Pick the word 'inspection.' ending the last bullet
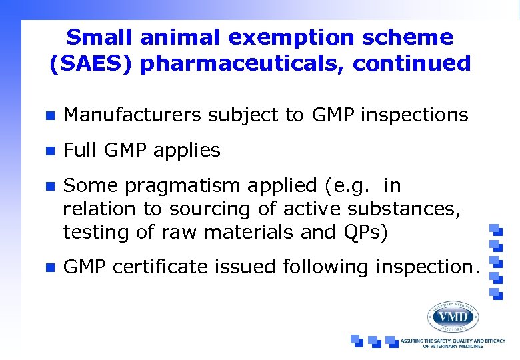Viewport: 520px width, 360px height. point(427,267)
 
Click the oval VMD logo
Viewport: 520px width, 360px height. point(453,317)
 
